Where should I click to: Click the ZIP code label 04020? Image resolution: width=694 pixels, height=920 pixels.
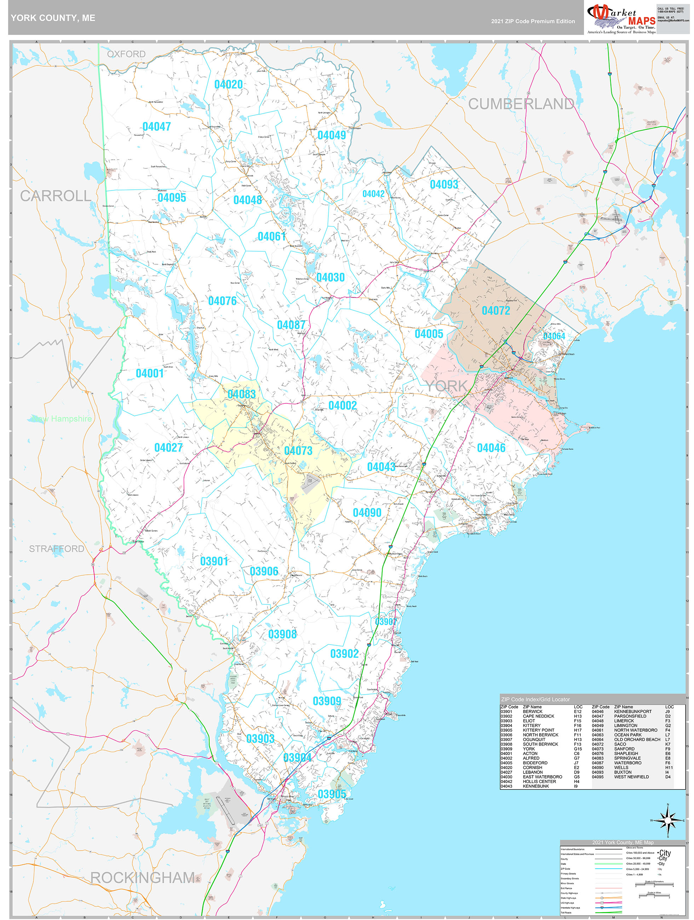228,85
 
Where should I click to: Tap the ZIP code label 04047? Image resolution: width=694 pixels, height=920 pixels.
156,126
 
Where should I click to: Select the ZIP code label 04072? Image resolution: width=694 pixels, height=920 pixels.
495,311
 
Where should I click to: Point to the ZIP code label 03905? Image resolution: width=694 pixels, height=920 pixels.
332,794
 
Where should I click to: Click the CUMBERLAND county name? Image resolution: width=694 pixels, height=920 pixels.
521,104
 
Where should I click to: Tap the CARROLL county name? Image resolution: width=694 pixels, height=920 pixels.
55,196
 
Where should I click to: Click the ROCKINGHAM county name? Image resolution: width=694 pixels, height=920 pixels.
142,877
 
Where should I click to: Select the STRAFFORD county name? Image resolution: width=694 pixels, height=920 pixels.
57,549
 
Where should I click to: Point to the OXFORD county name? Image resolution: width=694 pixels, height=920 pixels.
126,54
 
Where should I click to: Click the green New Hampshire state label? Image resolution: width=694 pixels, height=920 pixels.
62,419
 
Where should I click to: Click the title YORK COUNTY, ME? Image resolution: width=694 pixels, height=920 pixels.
53,18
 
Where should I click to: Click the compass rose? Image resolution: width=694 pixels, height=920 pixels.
668,821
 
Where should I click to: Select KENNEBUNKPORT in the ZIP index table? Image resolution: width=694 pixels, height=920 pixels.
632,712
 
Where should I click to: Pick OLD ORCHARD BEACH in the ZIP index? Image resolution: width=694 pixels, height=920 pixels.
637,740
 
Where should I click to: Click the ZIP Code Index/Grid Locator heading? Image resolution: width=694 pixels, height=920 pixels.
535,699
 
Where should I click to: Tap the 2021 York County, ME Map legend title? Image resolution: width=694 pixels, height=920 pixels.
623,843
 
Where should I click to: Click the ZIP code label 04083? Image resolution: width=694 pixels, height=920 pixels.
242,394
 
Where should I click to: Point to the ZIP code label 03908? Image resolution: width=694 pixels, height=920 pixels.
282,634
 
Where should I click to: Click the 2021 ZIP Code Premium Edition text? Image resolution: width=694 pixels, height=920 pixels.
533,21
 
